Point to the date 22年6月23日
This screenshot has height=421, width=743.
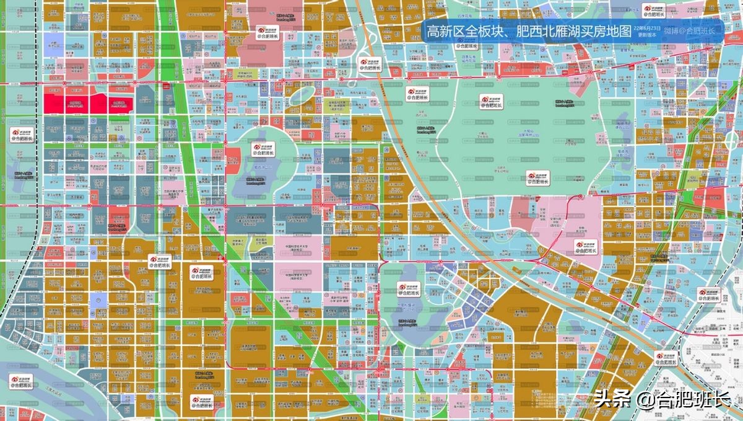646,29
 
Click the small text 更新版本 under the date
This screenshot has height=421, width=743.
646,36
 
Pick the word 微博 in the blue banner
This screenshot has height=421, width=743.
671,31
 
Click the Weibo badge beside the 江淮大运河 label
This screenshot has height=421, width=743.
22,382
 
